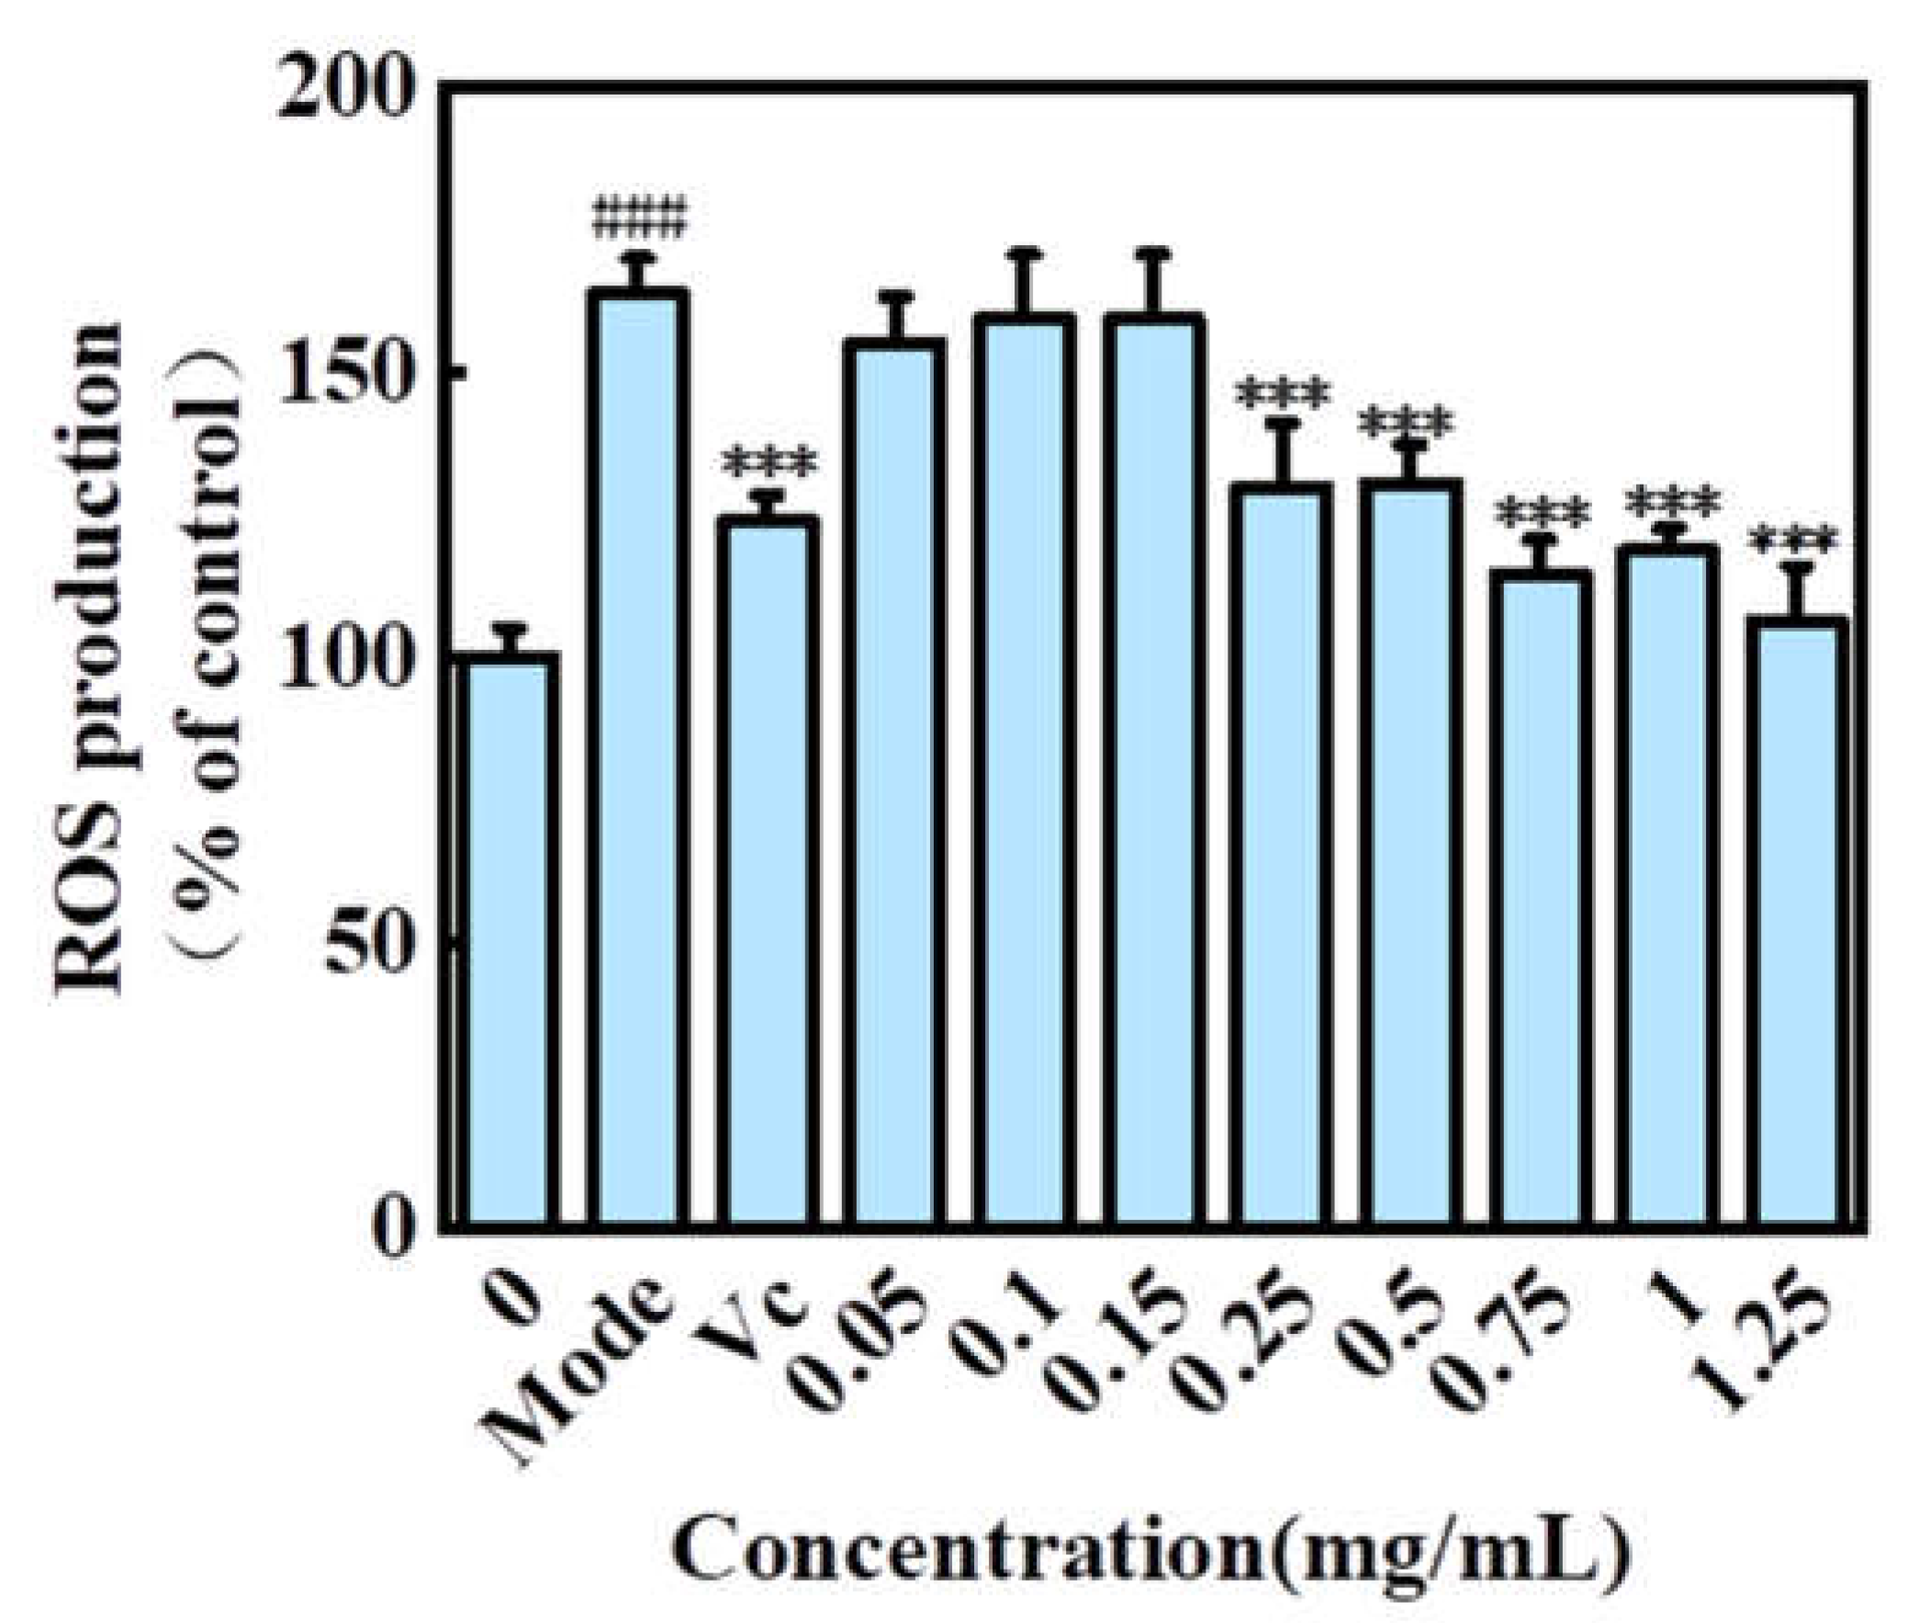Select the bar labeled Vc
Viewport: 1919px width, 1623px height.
tap(769, 874)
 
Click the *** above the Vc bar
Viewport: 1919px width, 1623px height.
tap(769, 465)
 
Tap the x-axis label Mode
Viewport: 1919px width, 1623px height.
tap(575, 1371)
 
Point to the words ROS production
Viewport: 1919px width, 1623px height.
tap(92, 659)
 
